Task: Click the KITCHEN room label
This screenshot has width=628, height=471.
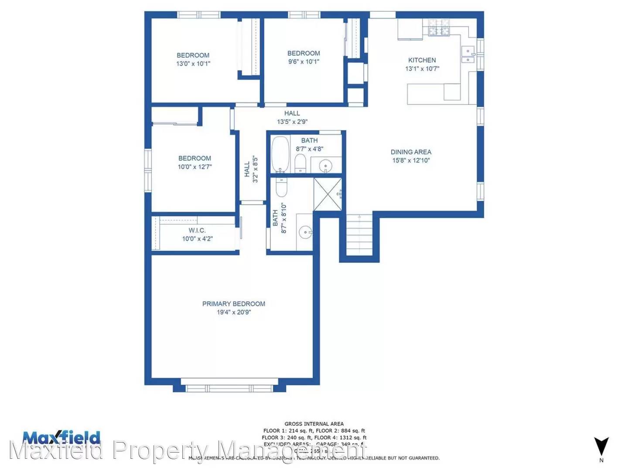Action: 422,60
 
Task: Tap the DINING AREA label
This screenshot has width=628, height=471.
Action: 411,152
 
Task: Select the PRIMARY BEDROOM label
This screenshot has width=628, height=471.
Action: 233,304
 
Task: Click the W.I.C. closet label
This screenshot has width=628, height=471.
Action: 197,230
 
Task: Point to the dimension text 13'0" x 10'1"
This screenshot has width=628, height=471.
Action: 193,64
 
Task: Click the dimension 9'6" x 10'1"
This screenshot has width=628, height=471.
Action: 304,61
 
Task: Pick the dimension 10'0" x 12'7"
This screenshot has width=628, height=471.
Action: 195,167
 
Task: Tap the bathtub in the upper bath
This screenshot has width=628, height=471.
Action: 280,154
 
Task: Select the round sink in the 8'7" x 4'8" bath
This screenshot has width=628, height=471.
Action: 325,166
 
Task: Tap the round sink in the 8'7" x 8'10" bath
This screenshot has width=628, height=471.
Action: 305,232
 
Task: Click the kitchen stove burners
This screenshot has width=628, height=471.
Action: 439,27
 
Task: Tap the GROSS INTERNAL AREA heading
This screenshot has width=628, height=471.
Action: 314,423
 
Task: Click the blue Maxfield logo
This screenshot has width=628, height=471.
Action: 61,437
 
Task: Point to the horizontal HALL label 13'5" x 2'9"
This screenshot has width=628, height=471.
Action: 292,117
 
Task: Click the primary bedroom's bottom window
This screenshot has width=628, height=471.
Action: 229,388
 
